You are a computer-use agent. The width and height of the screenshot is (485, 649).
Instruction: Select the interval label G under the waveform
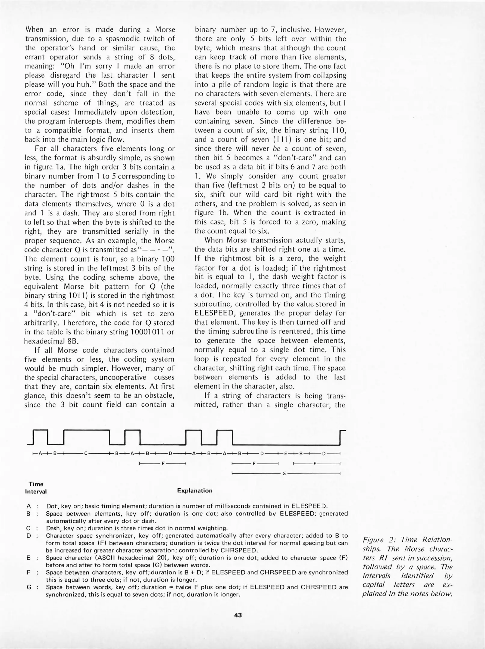(x=284, y=474)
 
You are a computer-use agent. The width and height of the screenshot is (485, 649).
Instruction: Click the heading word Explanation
(x=195, y=491)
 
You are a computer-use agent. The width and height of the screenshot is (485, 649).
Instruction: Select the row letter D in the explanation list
(x=29, y=536)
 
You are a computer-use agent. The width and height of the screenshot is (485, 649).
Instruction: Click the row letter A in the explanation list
(x=29, y=506)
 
